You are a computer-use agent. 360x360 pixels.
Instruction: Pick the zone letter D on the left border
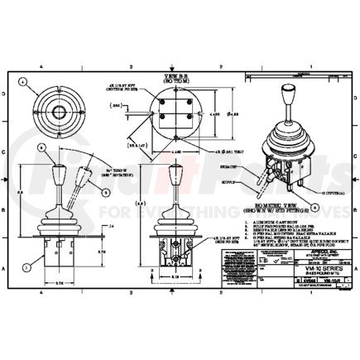coord(9,94)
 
